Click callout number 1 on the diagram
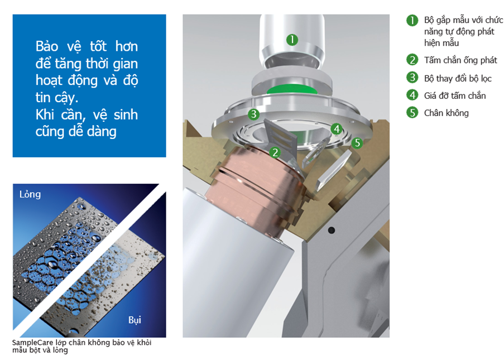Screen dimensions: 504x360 tap(292, 40)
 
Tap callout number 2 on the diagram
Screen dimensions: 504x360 tap(275, 152)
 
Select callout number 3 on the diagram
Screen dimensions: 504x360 tap(253, 114)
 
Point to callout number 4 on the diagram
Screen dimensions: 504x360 tap(337, 129)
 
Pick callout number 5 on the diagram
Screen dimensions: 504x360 tap(357, 143)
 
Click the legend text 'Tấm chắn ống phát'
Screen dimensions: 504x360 tap(460, 60)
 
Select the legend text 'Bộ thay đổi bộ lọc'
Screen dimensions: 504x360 tap(458, 79)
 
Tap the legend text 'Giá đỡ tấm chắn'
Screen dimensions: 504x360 tap(455, 95)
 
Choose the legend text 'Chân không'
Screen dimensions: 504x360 tap(446, 113)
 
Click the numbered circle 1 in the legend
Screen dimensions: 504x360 tap(412, 20)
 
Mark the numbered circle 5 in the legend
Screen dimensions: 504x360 tap(412, 113)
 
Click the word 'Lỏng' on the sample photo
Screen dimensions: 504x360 tap(30, 194)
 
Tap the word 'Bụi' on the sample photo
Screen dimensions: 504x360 tap(135, 320)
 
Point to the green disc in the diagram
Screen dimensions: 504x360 tap(292, 89)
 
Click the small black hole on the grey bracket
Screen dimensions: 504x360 tap(331, 230)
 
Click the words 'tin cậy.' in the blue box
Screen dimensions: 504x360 tap(57, 98)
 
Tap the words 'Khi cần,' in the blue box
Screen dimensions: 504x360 tap(60, 115)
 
